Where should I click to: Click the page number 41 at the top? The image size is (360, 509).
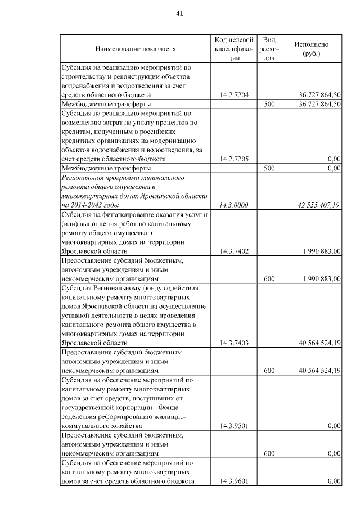(179, 13)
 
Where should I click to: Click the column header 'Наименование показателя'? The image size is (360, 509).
(136, 49)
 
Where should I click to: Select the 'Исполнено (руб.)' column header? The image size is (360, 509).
(311, 48)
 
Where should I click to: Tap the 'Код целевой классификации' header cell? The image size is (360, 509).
(234, 48)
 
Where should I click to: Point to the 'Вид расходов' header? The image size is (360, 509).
(269, 48)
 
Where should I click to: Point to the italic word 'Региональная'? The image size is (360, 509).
(82, 177)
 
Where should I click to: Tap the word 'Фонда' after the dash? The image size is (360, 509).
(183, 408)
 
